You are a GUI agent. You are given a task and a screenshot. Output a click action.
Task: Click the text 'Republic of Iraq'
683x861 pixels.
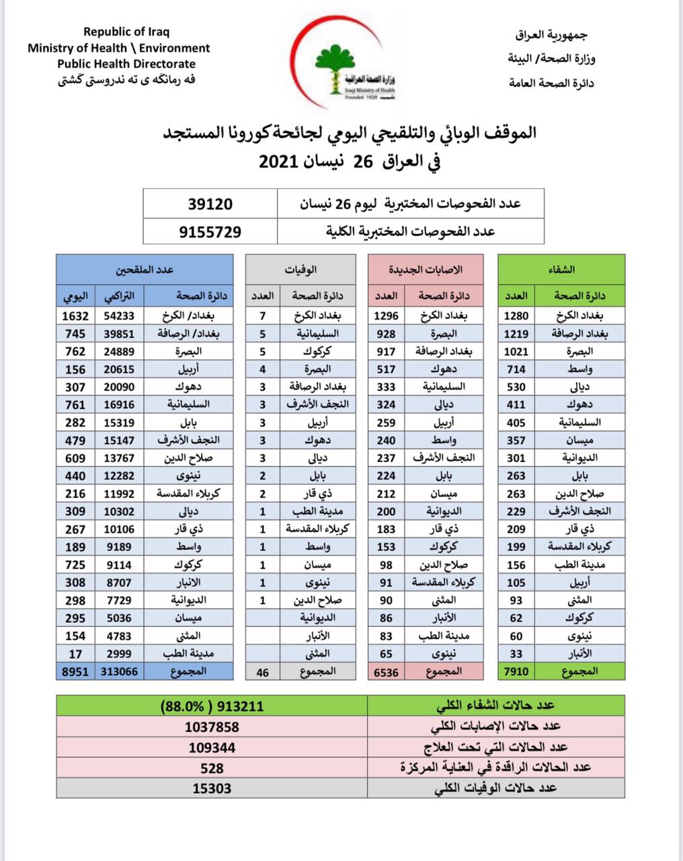[126, 32]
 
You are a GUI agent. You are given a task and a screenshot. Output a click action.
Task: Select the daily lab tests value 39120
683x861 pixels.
[210, 202]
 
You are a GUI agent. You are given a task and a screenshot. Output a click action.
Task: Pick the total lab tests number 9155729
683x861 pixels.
[210, 231]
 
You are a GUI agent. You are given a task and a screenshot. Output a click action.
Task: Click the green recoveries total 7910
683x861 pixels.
[516, 671]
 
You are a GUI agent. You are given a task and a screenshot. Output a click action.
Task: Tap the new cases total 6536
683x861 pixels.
[386, 671]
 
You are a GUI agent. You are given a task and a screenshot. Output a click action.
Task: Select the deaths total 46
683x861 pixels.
[262, 671]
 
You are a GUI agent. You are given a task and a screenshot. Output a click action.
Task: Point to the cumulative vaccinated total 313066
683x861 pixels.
[121, 671]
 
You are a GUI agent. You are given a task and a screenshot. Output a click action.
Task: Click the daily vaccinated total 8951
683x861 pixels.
[74, 671]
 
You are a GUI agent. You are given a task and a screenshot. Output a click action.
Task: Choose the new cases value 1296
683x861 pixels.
[386, 315]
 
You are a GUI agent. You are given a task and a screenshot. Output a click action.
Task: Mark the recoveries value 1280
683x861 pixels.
[516, 315]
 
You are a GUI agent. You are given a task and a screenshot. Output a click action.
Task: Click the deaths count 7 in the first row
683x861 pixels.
[262, 315]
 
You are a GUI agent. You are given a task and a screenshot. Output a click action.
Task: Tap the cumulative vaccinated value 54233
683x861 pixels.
[121, 315]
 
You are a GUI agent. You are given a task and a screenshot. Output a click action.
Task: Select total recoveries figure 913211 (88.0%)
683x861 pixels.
[212, 706]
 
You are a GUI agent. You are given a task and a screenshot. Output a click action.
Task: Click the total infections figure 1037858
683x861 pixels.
[212, 727]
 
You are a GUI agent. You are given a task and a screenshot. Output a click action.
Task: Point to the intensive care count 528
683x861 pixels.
[212, 768]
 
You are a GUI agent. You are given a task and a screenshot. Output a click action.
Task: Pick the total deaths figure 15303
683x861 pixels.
[212, 788]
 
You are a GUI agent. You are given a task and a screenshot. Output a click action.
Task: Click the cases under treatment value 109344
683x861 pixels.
[212, 747]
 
